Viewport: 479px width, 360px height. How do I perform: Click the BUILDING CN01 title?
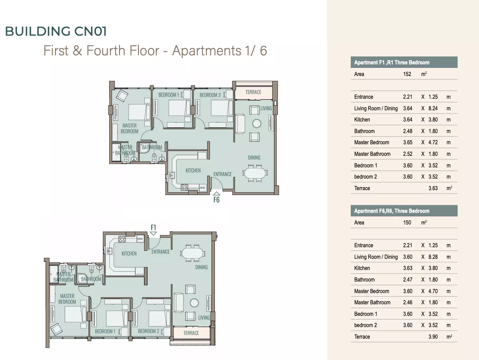(x=56, y=31)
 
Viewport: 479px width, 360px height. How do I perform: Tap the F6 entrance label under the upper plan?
(x=216, y=200)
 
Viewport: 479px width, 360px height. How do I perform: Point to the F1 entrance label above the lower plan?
(x=153, y=227)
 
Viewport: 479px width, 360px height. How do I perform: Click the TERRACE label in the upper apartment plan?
(x=253, y=92)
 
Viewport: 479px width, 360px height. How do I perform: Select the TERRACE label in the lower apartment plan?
(x=191, y=333)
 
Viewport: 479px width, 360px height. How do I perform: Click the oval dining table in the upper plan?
(x=255, y=173)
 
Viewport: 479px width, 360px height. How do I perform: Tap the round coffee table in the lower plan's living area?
(x=194, y=303)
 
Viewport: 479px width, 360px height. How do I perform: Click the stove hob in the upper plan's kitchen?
(x=185, y=187)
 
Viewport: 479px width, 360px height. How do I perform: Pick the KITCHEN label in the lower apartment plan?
(x=129, y=254)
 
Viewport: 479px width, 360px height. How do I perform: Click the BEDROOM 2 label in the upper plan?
(x=210, y=95)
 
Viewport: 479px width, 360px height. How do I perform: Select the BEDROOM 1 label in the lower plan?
(x=105, y=331)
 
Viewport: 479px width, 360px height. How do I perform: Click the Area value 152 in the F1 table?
(x=407, y=74)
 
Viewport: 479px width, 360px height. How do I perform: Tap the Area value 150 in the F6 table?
(x=407, y=222)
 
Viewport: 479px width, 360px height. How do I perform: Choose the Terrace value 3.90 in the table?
(x=433, y=337)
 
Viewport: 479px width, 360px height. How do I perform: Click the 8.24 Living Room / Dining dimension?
(x=433, y=109)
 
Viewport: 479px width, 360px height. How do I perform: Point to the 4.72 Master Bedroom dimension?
(x=433, y=143)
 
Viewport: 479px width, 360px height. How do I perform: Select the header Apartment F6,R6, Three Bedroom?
(x=392, y=211)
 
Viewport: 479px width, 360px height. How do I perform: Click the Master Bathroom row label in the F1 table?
(x=372, y=154)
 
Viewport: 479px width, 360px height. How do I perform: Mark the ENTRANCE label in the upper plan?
(x=223, y=174)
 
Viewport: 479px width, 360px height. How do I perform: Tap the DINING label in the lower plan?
(x=201, y=267)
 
